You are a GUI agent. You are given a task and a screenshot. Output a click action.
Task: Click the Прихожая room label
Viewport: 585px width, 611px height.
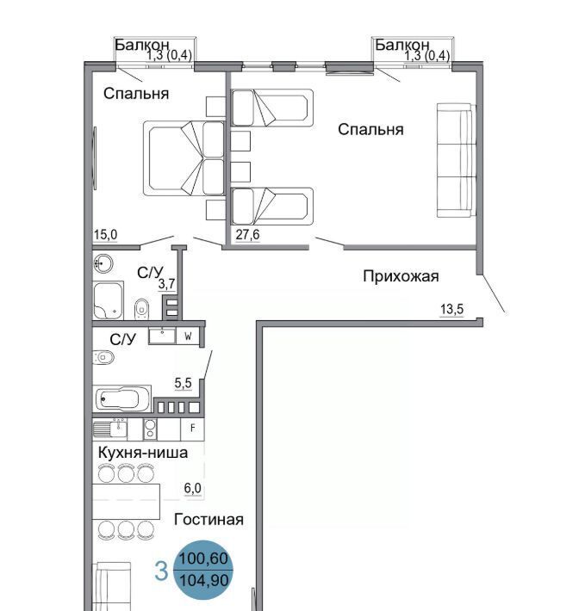pos(401,276)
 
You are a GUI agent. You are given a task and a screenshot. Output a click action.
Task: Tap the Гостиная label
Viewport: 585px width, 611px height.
pos(208,520)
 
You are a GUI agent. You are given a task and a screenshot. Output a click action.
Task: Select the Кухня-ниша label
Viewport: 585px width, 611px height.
pos(143,453)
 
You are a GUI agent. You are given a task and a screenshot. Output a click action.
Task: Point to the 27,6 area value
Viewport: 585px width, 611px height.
pos(247,235)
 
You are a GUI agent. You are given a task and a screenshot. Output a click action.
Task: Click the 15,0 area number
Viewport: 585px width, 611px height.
pos(105,235)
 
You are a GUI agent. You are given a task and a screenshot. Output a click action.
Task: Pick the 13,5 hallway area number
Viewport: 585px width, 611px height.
pos(451,310)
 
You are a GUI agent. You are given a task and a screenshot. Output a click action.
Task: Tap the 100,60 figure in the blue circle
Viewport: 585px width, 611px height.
pos(203,559)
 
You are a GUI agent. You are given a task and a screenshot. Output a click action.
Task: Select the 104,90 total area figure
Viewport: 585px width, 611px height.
pos(204,580)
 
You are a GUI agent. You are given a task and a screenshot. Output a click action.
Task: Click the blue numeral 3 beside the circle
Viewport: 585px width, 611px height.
pos(161,571)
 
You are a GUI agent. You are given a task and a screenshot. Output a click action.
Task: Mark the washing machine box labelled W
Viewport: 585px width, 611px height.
pos(188,336)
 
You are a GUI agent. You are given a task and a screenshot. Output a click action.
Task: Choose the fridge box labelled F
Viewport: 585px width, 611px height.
pos(193,429)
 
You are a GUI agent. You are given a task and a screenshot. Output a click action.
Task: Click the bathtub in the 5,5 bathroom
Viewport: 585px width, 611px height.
pos(122,398)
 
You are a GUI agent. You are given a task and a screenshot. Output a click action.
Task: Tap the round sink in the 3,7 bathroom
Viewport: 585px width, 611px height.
pos(103,264)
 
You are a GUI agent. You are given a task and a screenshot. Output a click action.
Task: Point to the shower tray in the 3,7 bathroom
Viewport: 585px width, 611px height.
pos(108,300)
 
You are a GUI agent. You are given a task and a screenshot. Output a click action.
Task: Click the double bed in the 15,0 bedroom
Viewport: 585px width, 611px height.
pos(184,158)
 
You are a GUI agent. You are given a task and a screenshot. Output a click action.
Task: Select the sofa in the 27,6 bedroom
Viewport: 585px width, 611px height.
pos(457,160)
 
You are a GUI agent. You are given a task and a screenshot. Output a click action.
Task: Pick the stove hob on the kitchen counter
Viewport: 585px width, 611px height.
pos(150,429)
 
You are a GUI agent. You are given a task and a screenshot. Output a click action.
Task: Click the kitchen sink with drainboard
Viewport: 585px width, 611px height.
pos(110,429)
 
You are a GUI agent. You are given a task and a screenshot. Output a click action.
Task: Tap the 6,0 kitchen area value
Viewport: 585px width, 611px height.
pos(193,488)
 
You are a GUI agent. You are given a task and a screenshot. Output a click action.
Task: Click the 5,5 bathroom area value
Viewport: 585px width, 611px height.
pos(183,384)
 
